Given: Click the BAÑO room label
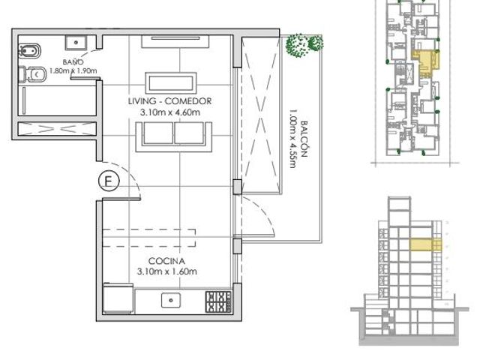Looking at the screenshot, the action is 73,61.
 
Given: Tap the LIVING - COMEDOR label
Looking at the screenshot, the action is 170,101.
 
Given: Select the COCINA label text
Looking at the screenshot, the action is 166,261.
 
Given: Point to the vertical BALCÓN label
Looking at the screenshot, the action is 304,139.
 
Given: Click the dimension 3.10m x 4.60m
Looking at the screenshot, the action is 170,112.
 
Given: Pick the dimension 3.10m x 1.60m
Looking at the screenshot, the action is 167,271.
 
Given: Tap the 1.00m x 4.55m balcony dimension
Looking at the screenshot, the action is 292,138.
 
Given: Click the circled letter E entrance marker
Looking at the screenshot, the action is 109,181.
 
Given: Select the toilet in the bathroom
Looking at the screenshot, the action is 32,74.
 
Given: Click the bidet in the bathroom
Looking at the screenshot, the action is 30,51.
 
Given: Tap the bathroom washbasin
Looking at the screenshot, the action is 76,43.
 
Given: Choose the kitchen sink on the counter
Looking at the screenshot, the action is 171,300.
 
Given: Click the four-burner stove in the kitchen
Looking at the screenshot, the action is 218,302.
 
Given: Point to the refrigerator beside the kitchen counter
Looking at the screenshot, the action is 118,298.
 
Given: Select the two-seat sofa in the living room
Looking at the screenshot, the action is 174,136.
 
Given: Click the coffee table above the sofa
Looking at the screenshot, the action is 171,83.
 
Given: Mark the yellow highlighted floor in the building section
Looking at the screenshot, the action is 425,245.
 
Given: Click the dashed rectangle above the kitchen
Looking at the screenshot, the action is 149,238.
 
